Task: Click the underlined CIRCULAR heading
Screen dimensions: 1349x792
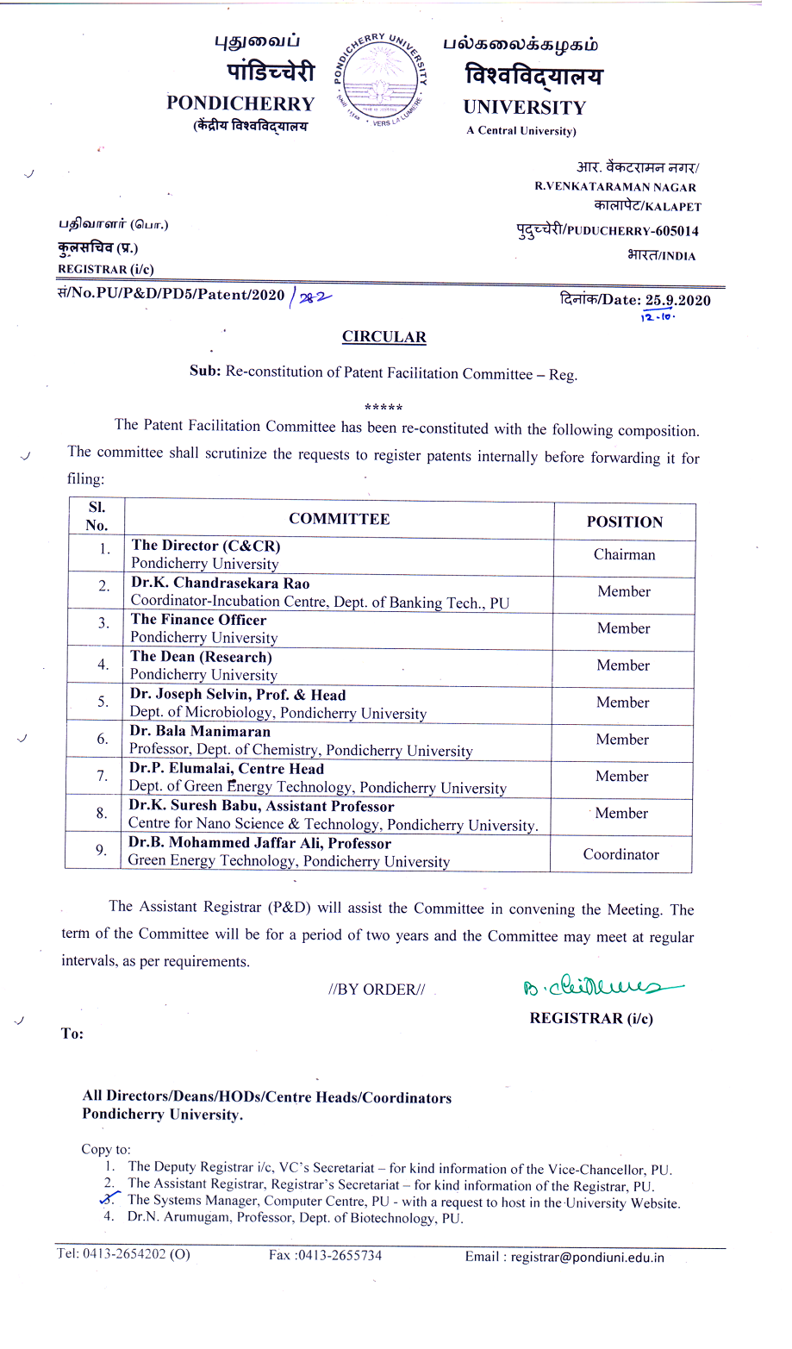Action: (x=384, y=337)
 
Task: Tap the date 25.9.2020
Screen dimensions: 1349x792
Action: (x=678, y=300)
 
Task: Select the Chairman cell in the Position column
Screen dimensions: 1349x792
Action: (x=624, y=555)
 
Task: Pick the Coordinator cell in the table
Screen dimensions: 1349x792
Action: (x=621, y=854)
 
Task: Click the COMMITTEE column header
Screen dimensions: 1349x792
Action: (x=339, y=519)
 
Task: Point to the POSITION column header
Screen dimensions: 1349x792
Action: (x=625, y=522)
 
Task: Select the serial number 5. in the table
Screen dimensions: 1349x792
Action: (x=103, y=702)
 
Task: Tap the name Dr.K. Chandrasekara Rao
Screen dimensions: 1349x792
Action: (x=220, y=583)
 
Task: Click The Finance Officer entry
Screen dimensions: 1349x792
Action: (x=198, y=620)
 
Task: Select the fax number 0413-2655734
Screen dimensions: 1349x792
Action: (x=339, y=1255)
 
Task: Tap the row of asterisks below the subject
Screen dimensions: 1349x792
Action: (x=384, y=407)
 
